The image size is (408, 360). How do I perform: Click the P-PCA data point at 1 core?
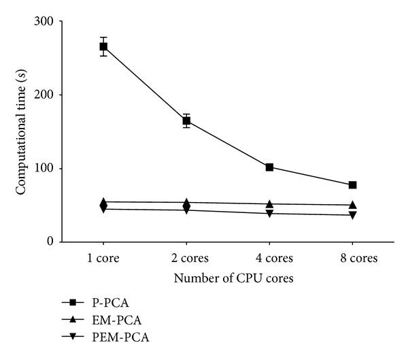[x=103, y=46]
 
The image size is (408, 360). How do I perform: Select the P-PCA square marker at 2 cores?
[x=186, y=121]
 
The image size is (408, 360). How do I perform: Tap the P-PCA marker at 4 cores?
[x=269, y=167]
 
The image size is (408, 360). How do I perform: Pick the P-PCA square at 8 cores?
[x=352, y=185]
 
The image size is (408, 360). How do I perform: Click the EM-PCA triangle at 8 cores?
[x=352, y=204]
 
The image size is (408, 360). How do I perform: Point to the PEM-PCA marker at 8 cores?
[x=352, y=215]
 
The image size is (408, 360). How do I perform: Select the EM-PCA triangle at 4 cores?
[x=269, y=203]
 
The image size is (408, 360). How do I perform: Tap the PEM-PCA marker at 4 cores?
[x=269, y=214]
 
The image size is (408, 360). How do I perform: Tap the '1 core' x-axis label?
[x=103, y=259]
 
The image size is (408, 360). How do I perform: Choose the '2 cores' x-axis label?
[x=186, y=259]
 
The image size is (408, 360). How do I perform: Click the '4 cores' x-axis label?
[x=269, y=259]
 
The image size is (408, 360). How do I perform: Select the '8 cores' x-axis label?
[x=352, y=259]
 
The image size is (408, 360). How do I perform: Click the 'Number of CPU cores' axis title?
[x=227, y=278]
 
